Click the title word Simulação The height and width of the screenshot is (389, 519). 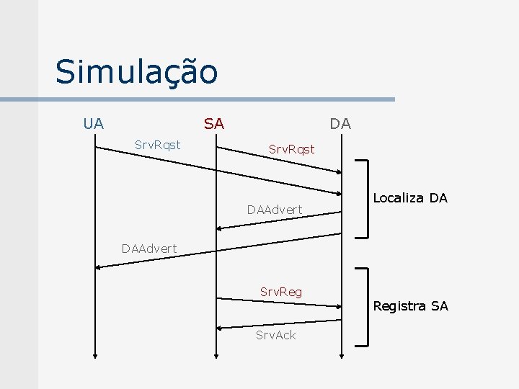[136, 72]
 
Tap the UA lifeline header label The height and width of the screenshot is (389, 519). [93, 123]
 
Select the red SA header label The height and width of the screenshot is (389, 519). [213, 124]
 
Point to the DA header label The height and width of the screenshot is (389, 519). [340, 124]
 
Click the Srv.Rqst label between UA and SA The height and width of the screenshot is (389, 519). [158, 145]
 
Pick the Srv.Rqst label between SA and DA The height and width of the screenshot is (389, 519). [292, 149]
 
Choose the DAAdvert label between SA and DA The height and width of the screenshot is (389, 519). [274, 210]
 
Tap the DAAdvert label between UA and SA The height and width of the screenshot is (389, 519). [149, 249]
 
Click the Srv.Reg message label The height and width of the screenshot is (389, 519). [281, 292]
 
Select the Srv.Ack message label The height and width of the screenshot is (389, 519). [276, 335]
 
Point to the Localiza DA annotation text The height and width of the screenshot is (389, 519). [410, 197]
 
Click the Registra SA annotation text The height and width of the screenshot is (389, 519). [410, 306]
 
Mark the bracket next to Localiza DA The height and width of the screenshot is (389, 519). [368, 198]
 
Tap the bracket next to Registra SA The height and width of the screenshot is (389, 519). [368, 305]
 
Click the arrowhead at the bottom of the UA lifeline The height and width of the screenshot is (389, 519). [95, 354]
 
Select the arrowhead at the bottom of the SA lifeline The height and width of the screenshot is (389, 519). [216, 354]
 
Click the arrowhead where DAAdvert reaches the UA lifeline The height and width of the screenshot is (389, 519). [99, 266]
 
